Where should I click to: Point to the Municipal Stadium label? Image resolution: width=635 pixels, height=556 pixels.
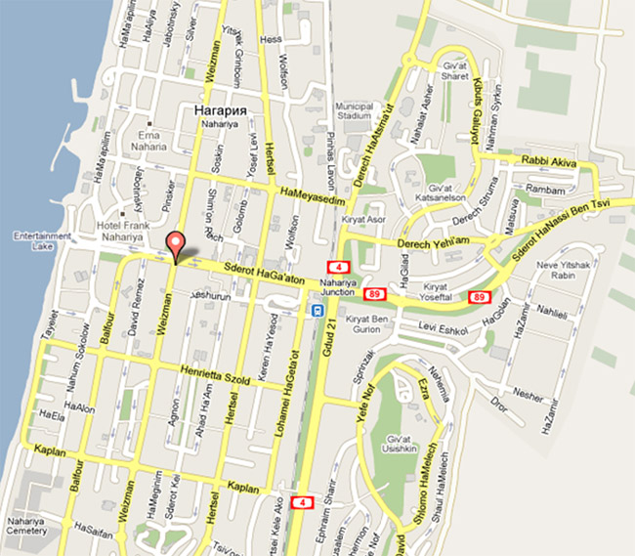tap(354, 110)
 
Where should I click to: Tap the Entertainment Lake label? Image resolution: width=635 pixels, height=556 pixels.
tap(38, 241)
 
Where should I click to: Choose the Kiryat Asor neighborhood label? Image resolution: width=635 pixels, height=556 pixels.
tap(362, 219)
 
